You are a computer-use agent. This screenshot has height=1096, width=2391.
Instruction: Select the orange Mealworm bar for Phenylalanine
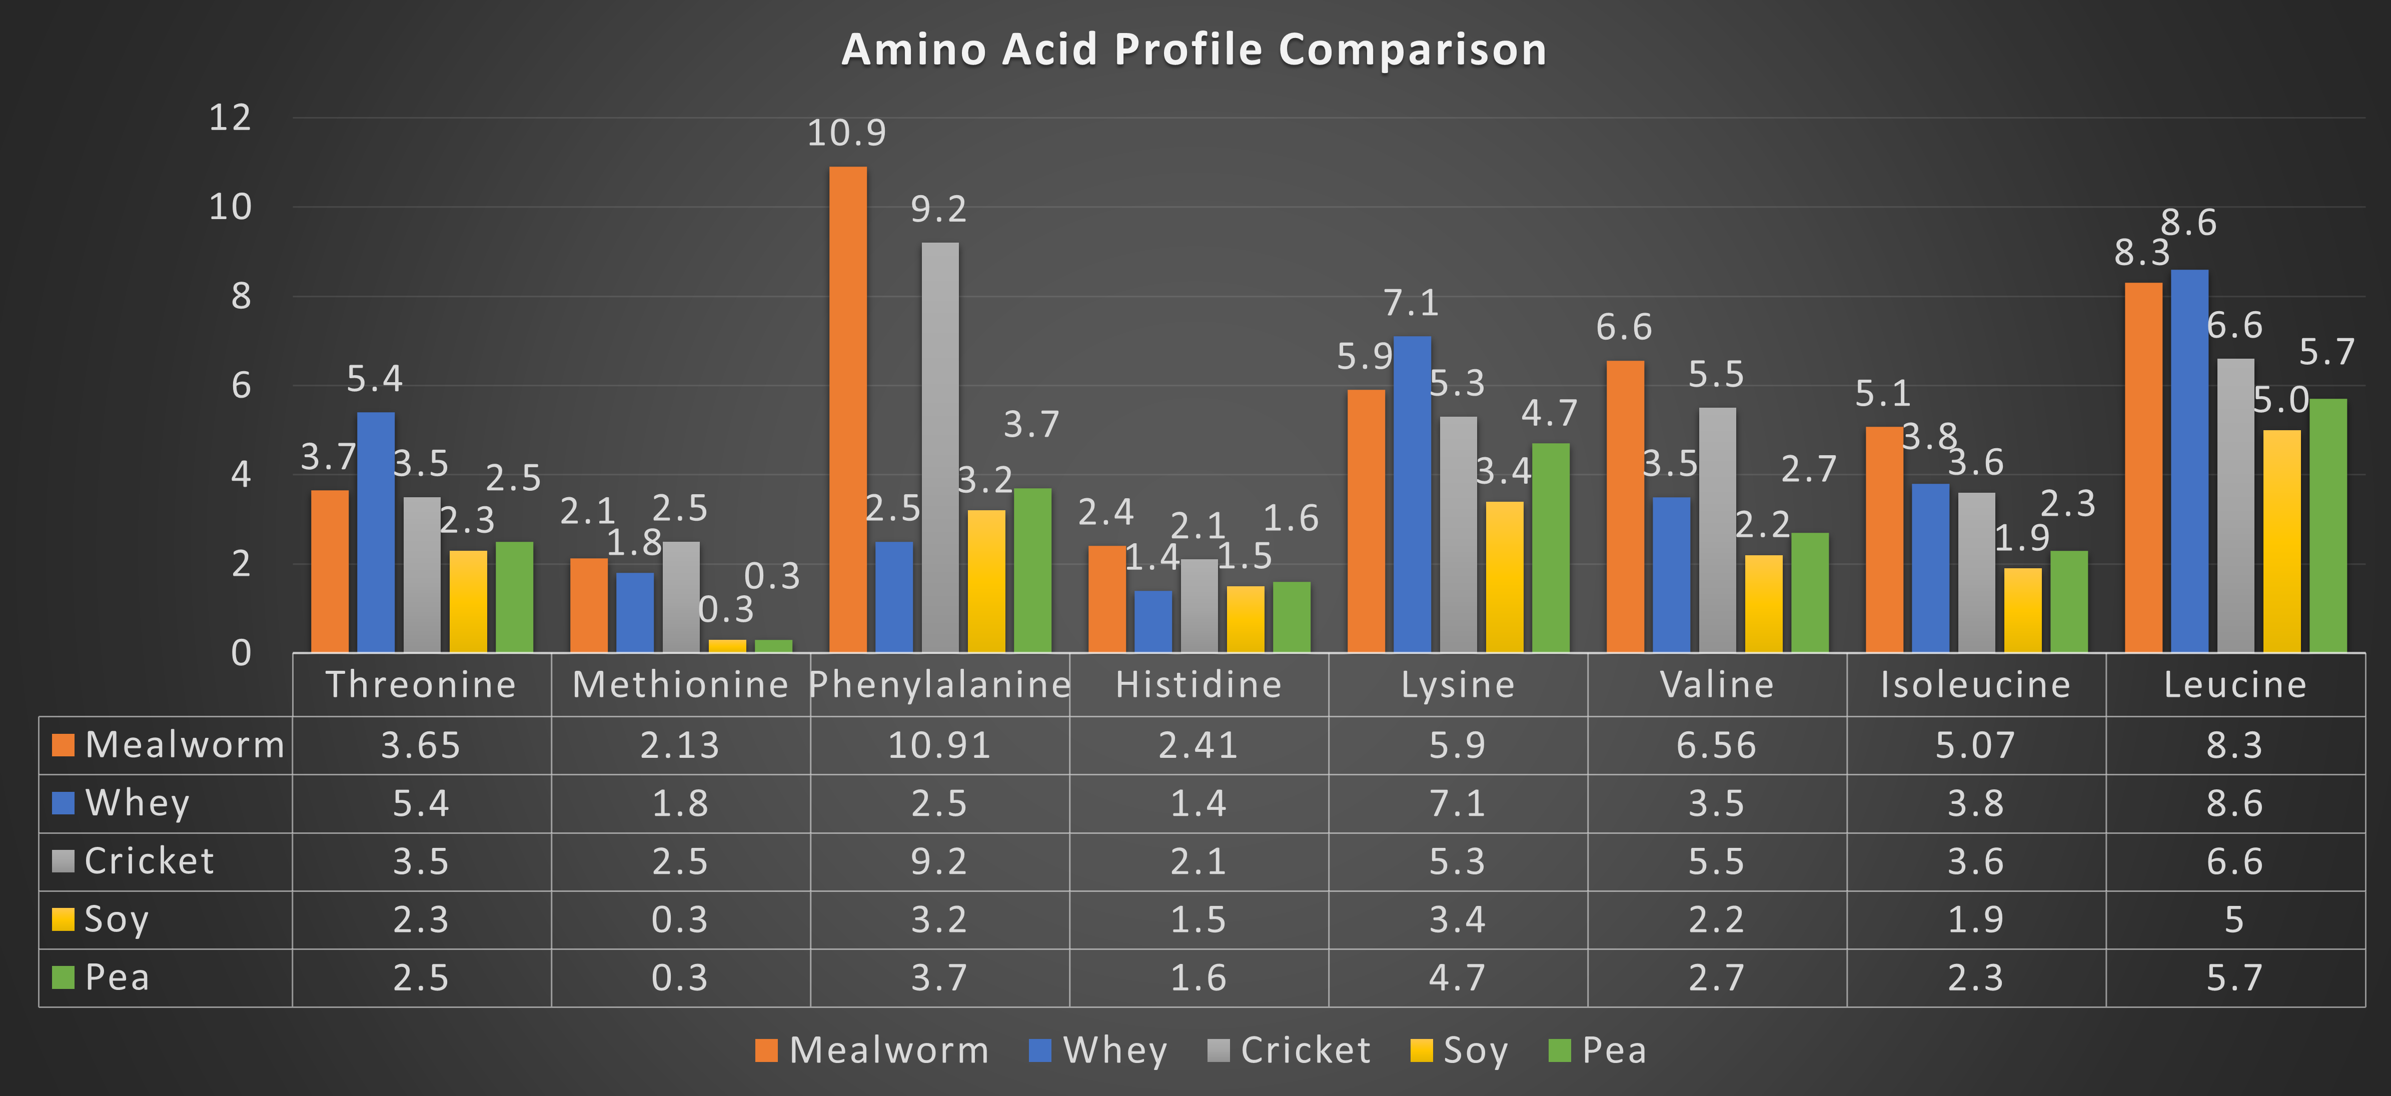tap(847, 408)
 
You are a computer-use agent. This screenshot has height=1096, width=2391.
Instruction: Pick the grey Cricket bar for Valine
tap(1717, 529)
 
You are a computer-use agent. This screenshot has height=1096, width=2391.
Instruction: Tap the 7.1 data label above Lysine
tap(1411, 303)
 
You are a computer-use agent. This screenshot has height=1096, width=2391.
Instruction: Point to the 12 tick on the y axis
tap(230, 118)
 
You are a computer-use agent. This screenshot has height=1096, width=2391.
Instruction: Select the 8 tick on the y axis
tap(241, 296)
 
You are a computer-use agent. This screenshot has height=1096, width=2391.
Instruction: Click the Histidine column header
tap(1199, 685)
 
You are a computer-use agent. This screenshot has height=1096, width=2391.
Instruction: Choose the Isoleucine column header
tap(1975, 685)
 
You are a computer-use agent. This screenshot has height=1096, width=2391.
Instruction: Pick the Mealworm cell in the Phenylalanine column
tap(939, 745)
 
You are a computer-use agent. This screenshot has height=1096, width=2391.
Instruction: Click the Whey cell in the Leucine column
tap(2234, 804)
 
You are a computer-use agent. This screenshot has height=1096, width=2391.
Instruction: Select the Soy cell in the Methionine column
tap(679, 920)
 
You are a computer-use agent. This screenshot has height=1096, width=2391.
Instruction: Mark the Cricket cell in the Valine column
tap(1716, 861)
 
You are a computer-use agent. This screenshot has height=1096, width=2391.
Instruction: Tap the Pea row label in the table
tap(116, 977)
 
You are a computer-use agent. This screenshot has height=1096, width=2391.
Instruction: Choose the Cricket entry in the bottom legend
tap(1290, 1050)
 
